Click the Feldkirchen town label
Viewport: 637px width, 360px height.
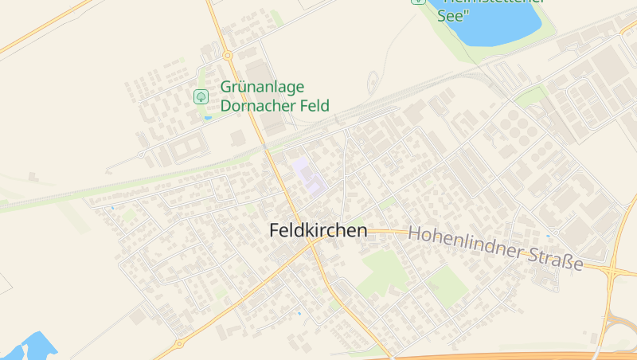point(318,231)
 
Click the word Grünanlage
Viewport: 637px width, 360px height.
point(263,88)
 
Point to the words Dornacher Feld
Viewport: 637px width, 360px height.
point(275,106)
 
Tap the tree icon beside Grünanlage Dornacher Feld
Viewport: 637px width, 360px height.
point(201,96)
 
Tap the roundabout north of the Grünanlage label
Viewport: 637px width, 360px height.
point(227,55)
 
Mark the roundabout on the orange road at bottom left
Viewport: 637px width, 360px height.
point(178,343)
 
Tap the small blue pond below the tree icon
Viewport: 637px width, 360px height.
point(208,118)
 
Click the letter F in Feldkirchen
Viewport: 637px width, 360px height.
point(275,231)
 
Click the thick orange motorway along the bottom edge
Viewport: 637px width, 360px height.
point(510,356)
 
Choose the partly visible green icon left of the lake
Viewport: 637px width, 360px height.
point(418,2)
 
